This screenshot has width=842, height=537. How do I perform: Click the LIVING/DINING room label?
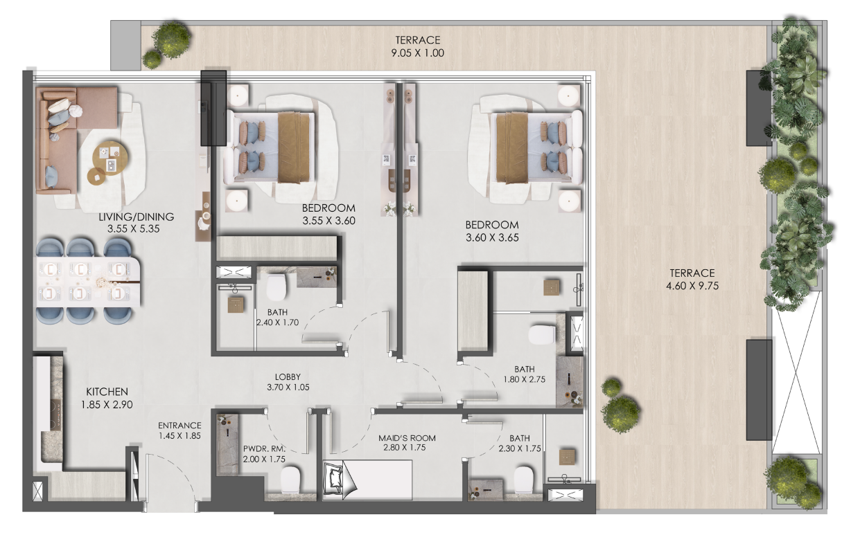click(x=136, y=217)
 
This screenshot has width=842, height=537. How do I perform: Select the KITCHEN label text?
click(x=107, y=392)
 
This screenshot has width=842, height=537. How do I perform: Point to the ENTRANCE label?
click(x=179, y=426)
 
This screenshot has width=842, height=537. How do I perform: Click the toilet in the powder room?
click(x=290, y=478)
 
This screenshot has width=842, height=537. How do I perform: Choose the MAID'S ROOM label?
click(x=401, y=438)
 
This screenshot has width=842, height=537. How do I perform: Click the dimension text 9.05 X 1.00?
click(x=418, y=52)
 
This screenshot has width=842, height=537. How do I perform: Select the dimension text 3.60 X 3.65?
click(x=492, y=237)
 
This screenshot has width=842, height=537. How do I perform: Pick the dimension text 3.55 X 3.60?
click(x=328, y=221)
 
